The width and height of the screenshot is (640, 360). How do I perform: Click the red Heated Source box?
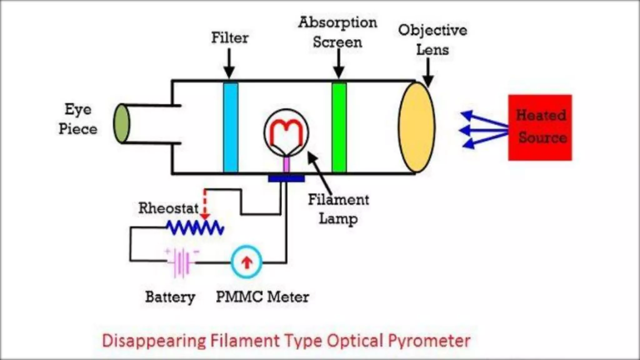click(540, 127)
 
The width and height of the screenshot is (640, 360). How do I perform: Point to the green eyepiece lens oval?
click(121, 124)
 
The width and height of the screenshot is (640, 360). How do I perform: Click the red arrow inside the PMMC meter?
click(247, 262)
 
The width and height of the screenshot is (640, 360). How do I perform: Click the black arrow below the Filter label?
click(229, 64)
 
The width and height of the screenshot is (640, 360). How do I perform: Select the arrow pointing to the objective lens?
click(428, 73)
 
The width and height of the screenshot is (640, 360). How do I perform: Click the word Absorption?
click(337, 22)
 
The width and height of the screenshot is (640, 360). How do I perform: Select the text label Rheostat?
click(168, 208)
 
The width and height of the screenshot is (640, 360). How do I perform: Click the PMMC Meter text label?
click(262, 297)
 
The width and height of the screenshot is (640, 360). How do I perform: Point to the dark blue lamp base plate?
click(286, 178)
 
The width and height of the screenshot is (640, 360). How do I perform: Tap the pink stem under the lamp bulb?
click(287, 164)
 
